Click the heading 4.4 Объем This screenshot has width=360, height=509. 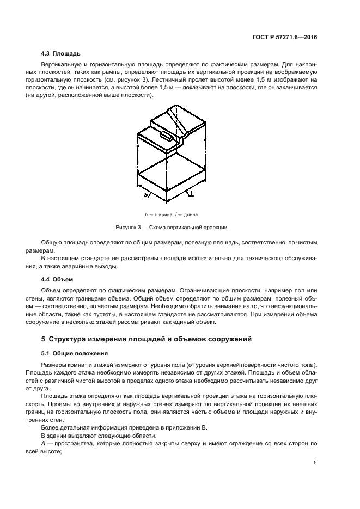pos(58,279)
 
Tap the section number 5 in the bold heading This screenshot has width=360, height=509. pos(44,339)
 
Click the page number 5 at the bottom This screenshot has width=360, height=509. pos(315,463)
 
